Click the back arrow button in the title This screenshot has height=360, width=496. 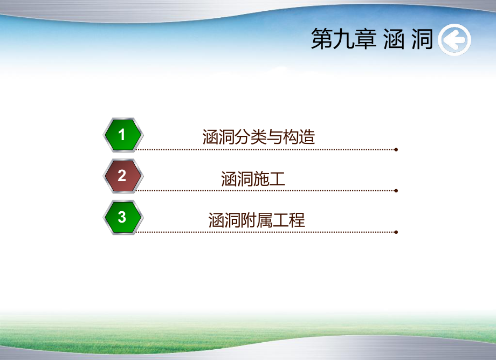click(x=454, y=40)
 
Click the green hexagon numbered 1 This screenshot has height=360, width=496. click(x=123, y=135)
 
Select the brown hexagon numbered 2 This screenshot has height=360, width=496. click(x=123, y=176)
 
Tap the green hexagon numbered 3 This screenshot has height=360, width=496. click(x=123, y=217)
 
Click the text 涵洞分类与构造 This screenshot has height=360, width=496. click(x=259, y=137)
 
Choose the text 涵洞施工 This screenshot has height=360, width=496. click(x=253, y=178)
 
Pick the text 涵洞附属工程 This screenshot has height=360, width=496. click(x=257, y=220)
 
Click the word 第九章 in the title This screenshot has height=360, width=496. click(x=343, y=40)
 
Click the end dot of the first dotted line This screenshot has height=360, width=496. click(x=396, y=149)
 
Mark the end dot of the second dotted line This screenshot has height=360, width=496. click(x=396, y=191)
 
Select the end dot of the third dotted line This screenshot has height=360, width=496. click(x=396, y=232)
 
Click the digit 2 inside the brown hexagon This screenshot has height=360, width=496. click(x=122, y=176)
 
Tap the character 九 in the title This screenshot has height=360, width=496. click(x=343, y=40)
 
